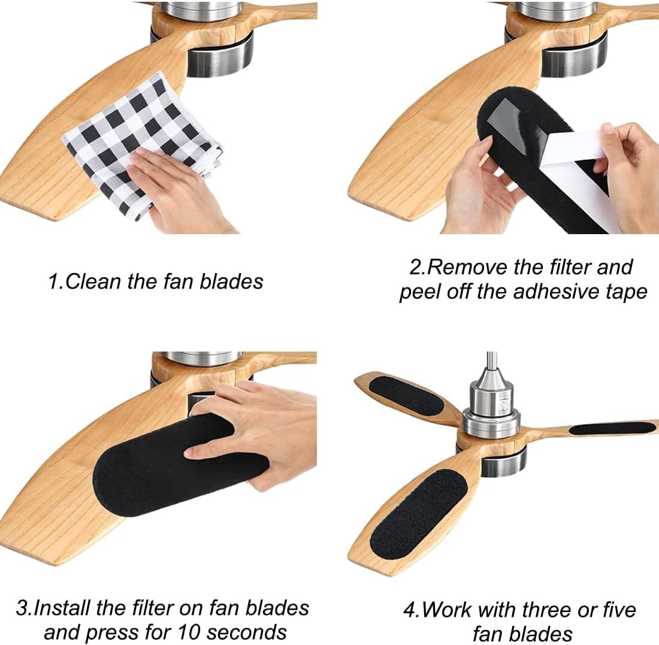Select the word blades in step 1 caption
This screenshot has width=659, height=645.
point(232,281)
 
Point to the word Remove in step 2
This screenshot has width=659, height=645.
point(467,267)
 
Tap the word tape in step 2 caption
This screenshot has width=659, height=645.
point(626,292)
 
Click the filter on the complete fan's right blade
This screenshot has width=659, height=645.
point(612,429)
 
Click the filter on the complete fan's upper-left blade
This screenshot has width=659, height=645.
point(406,396)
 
